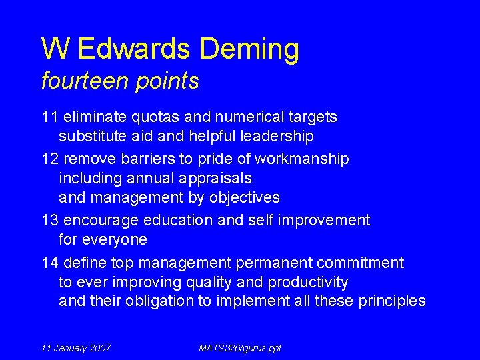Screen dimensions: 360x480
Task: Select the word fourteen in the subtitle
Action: (83, 81)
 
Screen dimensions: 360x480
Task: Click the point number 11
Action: (50, 117)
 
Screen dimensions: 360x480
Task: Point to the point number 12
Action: (50, 159)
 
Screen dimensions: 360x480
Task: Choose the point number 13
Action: (50, 221)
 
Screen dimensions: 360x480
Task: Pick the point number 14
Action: (50, 263)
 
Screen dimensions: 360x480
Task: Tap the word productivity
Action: (308, 282)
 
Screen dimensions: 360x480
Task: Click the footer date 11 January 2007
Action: (76, 348)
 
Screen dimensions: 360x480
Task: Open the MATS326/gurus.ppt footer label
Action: (240, 348)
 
